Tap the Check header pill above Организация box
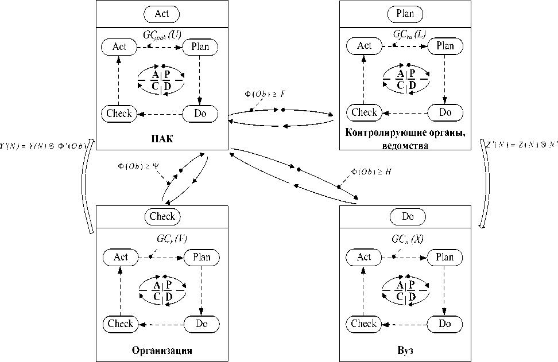click(x=162, y=217)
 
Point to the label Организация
click(x=162, y=351)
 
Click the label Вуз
click(x=405, y=350)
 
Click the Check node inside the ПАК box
click(x=119, y=114)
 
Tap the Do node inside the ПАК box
click(x=200, y=114)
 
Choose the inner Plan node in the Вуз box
click(x=445, y=257)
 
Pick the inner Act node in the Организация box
click(x=121, y=257)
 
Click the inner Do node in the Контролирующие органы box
click(x=445, y=112)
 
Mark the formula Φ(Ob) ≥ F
click(x=265, y=94)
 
